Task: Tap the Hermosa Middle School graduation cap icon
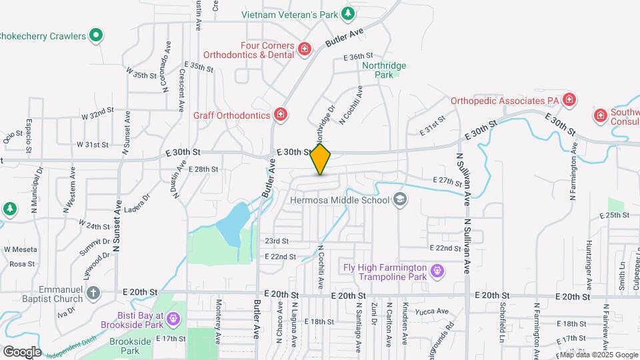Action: (400, 199)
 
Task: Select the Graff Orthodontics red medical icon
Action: (281, 115)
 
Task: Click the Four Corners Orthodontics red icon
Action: (305, 49)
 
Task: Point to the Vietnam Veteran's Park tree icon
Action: (347, 13)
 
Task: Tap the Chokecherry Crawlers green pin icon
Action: (96, 35)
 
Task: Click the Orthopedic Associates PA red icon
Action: (569, 101)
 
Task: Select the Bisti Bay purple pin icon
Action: (173, 319)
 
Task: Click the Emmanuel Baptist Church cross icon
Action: (94, 293)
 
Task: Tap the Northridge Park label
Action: (384, 71)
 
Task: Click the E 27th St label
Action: (447, 181)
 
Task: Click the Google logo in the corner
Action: (22, 351)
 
